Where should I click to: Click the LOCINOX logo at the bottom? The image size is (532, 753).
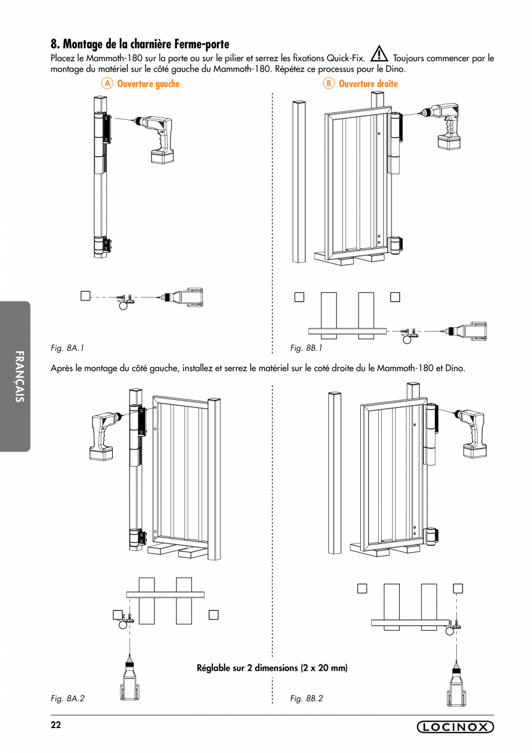coord(455,727)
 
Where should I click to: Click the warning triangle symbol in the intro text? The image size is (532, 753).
coord(379,54)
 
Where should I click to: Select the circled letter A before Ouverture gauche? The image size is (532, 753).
coord(106,84)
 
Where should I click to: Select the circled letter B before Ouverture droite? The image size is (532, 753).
coord(328,84)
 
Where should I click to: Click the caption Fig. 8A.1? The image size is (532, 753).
coord(68,348)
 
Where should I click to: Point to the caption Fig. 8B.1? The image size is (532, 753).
coord(306,348)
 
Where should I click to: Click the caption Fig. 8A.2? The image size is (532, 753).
coord(68,698)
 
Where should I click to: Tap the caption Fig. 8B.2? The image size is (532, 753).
coord(306,698)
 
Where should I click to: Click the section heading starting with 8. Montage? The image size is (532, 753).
coord(140,44)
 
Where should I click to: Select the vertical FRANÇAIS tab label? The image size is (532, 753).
coord(19,376)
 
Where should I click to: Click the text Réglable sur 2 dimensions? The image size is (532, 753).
coord(272,667)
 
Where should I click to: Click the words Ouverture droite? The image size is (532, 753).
coord(368,84)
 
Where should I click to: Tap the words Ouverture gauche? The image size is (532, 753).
coord(148,84)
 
